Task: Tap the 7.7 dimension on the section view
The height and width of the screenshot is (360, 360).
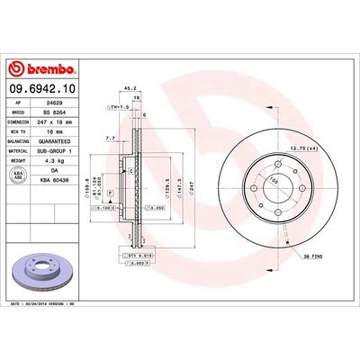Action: pyautogui.click(x=109, y=139)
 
